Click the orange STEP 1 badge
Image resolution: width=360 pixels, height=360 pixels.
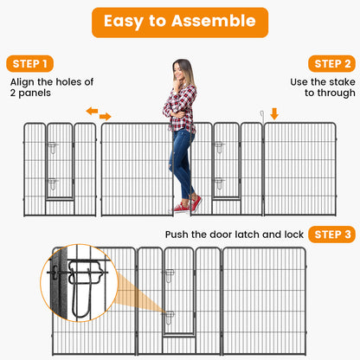point(29,64)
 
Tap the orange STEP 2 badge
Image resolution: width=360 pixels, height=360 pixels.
point(331,64)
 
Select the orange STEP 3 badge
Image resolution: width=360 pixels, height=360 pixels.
point(331,235)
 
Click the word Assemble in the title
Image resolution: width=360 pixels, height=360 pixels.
point(214,21)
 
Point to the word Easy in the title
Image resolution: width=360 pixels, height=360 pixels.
point(124,22)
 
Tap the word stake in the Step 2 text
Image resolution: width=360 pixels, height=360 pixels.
point(342,82)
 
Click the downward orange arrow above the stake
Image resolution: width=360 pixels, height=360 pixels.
point(274,113)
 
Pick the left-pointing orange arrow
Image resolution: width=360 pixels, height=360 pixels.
point(92,111)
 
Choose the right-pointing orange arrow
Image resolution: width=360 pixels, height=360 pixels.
point(106,116)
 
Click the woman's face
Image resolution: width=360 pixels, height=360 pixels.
point(179,71)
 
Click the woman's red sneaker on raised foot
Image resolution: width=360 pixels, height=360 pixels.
point(196,204)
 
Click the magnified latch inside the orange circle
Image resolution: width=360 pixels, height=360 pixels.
point(84,284)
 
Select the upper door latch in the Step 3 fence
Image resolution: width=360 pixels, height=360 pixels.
point(170,275)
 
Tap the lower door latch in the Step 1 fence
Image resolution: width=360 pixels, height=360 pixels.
point(53,184)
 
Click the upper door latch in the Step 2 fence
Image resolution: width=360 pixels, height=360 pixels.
point(219,147)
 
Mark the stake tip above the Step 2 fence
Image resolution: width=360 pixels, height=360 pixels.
point(262,112)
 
